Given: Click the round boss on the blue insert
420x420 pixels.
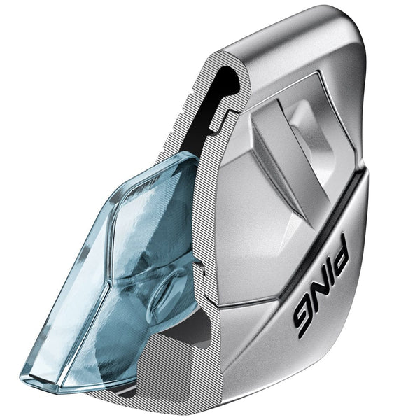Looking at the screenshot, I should click(162, 290).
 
